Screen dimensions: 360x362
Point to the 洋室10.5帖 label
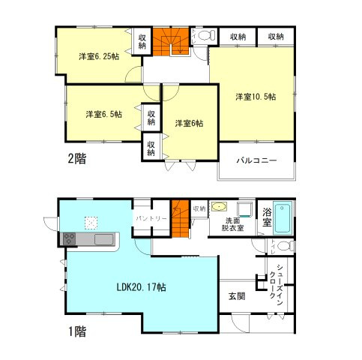(x=256, y=97)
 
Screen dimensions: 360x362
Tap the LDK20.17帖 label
(x=141, y=287)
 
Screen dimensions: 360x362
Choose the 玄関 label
(x=236, y=296)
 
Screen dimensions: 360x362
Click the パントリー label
(x=150, y=217)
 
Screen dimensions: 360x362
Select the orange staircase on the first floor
(x=180, y=217)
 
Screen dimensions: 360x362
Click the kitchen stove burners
(x=68, y=238)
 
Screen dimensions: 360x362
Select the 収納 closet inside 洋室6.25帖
(x=142, y=40)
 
